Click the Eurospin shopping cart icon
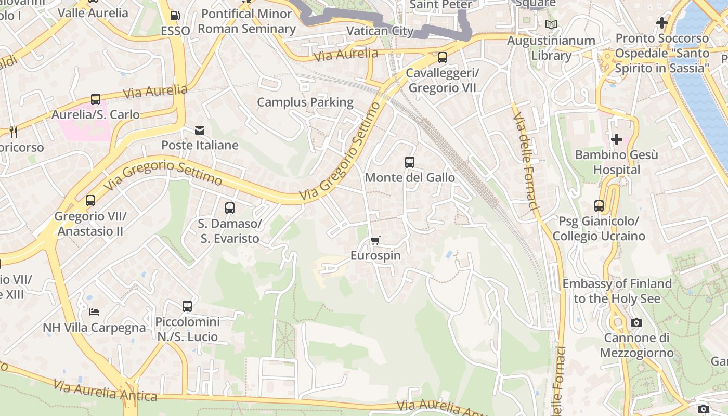tap(375, 240)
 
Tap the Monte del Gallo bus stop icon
tap(410, 162)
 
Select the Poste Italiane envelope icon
tap(200, 130)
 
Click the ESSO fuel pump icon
tap(175, 16)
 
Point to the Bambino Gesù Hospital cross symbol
tap(617, 139)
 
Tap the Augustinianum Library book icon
tap(551, 24)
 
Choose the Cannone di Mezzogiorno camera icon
tap(636, 323)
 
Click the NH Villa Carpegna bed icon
tap(94, 312)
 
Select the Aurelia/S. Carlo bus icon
tap(96, 99)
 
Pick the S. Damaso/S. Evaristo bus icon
tap(230, 208)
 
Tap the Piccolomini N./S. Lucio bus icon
tap(187, 306)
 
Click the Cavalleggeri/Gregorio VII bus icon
tap(442, 57)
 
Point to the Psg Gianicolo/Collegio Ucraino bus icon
tap(599, 206)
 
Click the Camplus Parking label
tap(305, 102)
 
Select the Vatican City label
tap(380, 31)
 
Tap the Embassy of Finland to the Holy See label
tap(617, 291)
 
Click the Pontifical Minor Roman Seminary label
tap(246, 21)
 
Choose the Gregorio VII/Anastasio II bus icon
tap(90, 200)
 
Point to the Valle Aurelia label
tap(93, 12)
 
